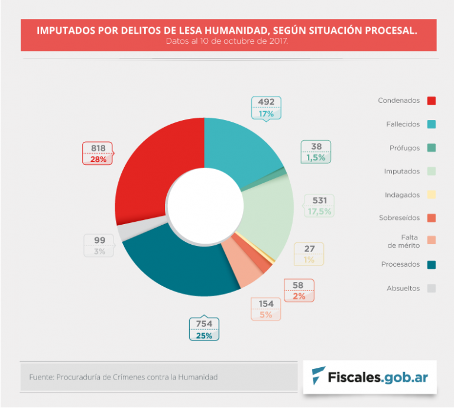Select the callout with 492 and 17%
(266, 107)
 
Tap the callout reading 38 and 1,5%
(316, 152)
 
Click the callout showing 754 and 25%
(204, 329)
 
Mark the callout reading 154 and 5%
(265, 309)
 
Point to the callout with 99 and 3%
(99, 245)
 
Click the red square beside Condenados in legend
(432, 101)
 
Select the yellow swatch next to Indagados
(432, 195)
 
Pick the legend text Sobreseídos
(399, 218)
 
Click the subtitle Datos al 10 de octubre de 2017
(227, 42)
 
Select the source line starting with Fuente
(124, 377)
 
